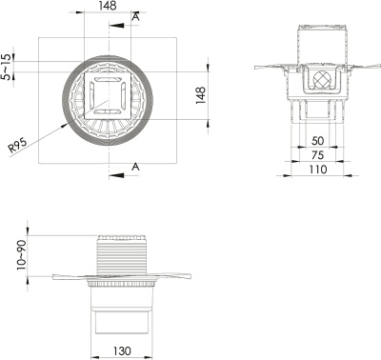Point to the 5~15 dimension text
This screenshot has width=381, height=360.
point(9,68)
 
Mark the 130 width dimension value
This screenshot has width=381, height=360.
point(123,351)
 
